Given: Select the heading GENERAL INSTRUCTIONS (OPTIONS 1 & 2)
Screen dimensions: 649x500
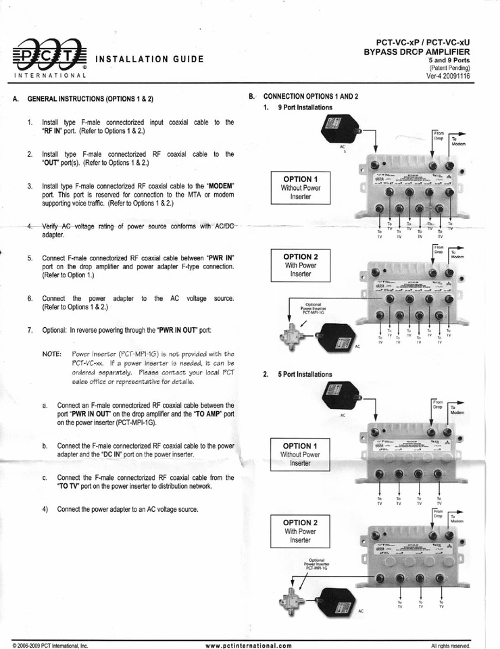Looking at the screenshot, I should point(90,99).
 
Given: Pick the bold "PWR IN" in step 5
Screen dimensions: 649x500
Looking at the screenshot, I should point(220,258).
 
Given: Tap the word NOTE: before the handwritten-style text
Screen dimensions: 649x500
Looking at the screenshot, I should point(52,354).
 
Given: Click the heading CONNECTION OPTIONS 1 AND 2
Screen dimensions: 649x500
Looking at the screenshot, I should point(311,97).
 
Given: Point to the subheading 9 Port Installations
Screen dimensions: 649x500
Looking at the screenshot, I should point(305,107).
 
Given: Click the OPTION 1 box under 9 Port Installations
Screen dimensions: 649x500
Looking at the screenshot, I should point(300,187).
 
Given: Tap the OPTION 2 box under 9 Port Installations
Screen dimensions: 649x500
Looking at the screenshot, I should point(300,265).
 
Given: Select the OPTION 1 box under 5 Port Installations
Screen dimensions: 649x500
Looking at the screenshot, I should point(300,454).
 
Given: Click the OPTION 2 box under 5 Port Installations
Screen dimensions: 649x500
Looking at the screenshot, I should point(300,531).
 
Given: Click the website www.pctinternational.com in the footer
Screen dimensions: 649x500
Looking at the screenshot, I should point(249,645).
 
